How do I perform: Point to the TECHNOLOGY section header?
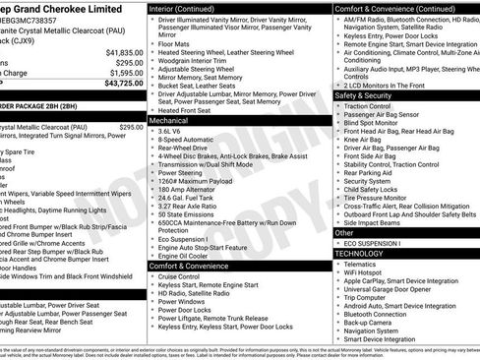click(x=359, y=253)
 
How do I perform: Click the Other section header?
click(x=344, y=233)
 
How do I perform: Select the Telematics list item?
click(x=363, y=264)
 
